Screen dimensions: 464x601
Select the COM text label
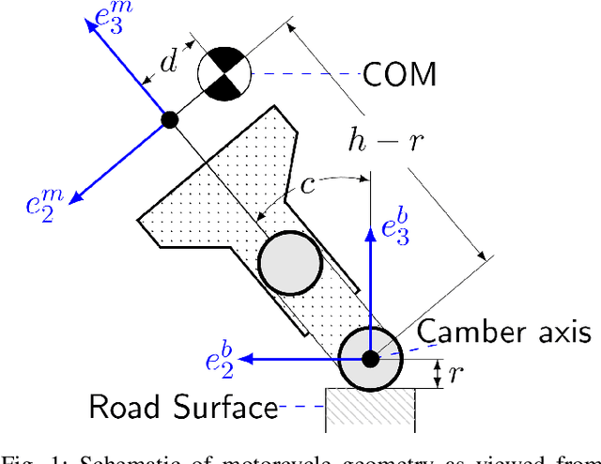click(x=400, y=73)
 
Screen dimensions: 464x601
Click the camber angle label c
click(x=307, y=185)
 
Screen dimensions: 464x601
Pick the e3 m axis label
click(x=114, y=18)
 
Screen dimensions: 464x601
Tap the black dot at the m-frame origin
click(x=170, y=119)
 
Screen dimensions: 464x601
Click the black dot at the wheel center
click(x=370, y=358)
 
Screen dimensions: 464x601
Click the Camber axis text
click(x=503, y=332)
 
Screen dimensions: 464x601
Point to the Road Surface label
click(x=182, y=407)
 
